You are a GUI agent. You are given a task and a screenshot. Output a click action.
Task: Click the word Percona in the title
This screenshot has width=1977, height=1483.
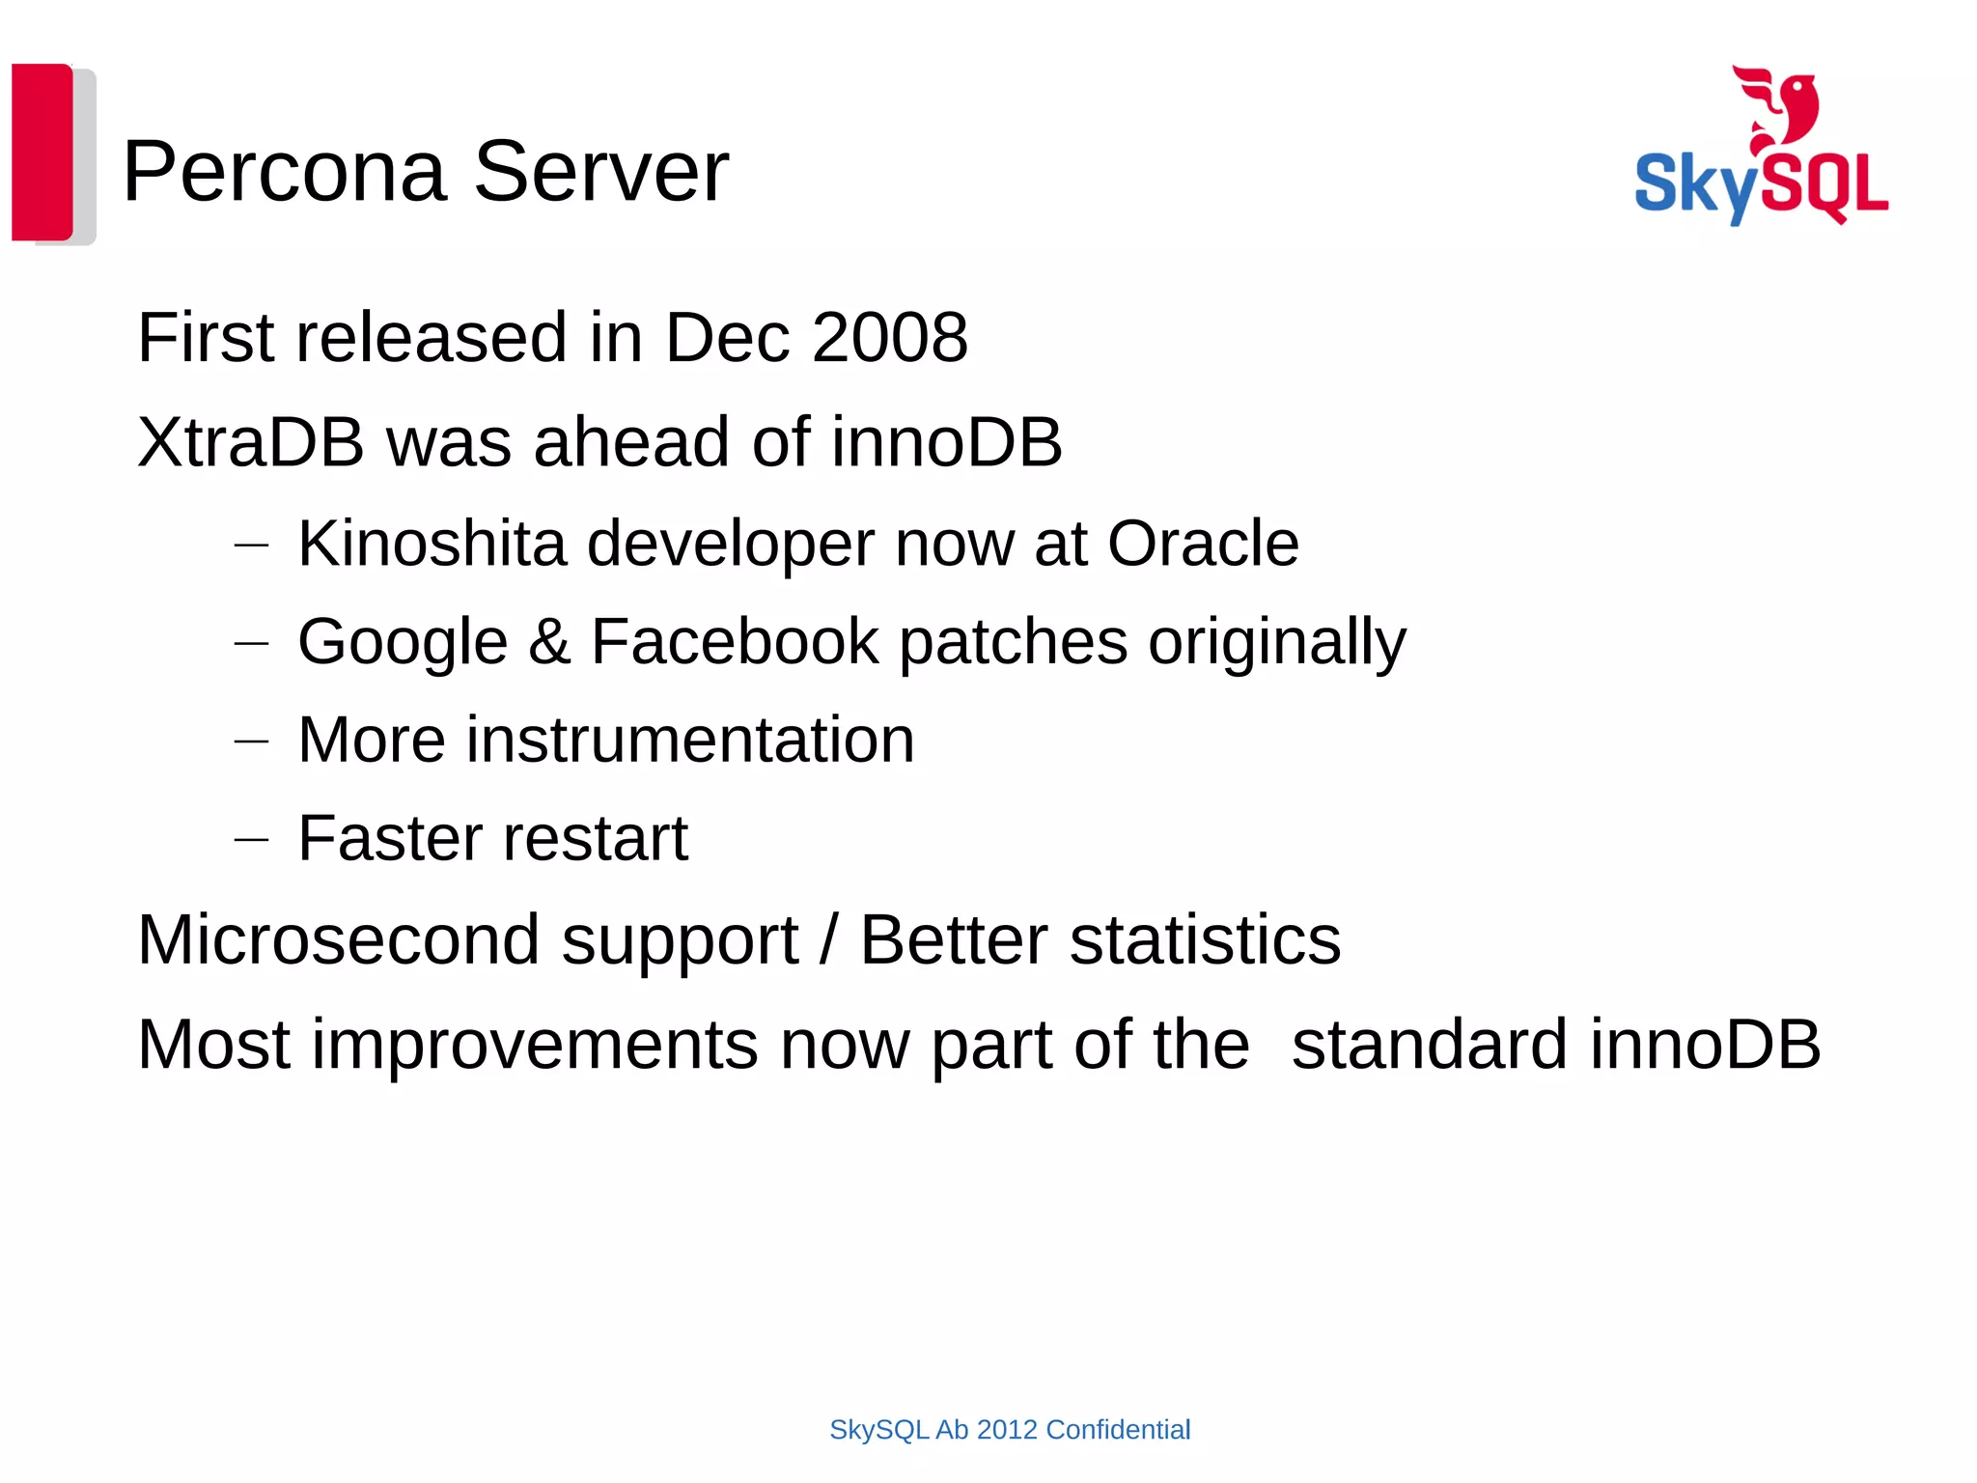tap(285, 172)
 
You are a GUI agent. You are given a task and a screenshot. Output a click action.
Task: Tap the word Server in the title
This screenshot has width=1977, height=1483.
tap(600, 172)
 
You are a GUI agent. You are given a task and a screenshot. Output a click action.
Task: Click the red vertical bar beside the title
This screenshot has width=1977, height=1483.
tap(42, 152)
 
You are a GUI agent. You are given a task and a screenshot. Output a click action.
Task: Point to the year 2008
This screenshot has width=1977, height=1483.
tap(889, 338)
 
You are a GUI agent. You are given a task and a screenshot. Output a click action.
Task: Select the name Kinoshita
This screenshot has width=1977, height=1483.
tap(432, 544)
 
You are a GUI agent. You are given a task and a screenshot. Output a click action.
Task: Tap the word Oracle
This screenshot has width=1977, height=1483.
tap(1202, 544)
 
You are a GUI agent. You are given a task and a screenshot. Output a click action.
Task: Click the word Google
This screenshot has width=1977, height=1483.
tap(403, 642)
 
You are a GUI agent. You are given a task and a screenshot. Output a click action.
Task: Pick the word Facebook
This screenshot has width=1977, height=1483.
tap(735, 642)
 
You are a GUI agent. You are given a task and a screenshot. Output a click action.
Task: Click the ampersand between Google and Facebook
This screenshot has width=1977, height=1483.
tap(549, 642)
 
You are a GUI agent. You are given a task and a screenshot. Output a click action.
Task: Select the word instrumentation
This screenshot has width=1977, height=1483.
tap(689, 741)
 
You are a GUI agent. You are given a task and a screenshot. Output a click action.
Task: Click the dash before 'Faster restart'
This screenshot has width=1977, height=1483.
tap(251, 840)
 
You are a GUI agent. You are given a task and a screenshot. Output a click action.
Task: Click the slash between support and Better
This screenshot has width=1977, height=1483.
tap(828, 939)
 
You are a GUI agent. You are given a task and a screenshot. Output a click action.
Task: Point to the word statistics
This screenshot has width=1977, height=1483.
tap(1205, 939)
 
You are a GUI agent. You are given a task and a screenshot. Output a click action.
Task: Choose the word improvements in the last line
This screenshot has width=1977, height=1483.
tap(534, 1045)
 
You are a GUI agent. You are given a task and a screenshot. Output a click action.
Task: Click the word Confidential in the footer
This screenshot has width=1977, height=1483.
tap(1118, 1430)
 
